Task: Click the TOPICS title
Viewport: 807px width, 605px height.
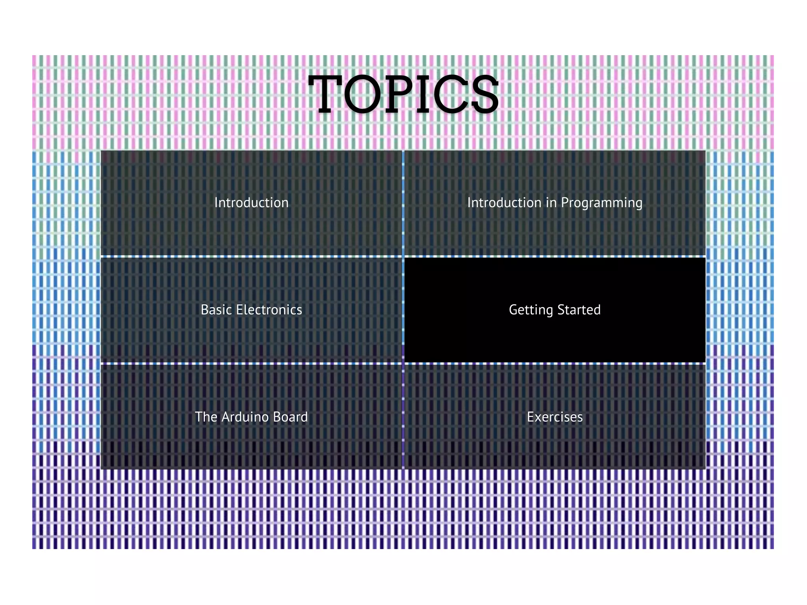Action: (x=403, y=95)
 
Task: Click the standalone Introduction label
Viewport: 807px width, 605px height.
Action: (x=251, y=203)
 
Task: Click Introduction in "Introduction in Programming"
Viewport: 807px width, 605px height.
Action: (x=504, y=203)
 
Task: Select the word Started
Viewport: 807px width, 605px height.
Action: (x=579, y=310)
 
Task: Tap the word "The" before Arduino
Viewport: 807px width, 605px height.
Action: (x=206, y=417)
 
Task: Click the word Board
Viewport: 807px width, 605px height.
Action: (x=290, y=417)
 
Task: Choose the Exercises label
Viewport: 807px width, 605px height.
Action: (x=554, y=417)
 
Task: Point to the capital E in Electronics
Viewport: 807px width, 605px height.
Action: (x=239, y=310)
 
